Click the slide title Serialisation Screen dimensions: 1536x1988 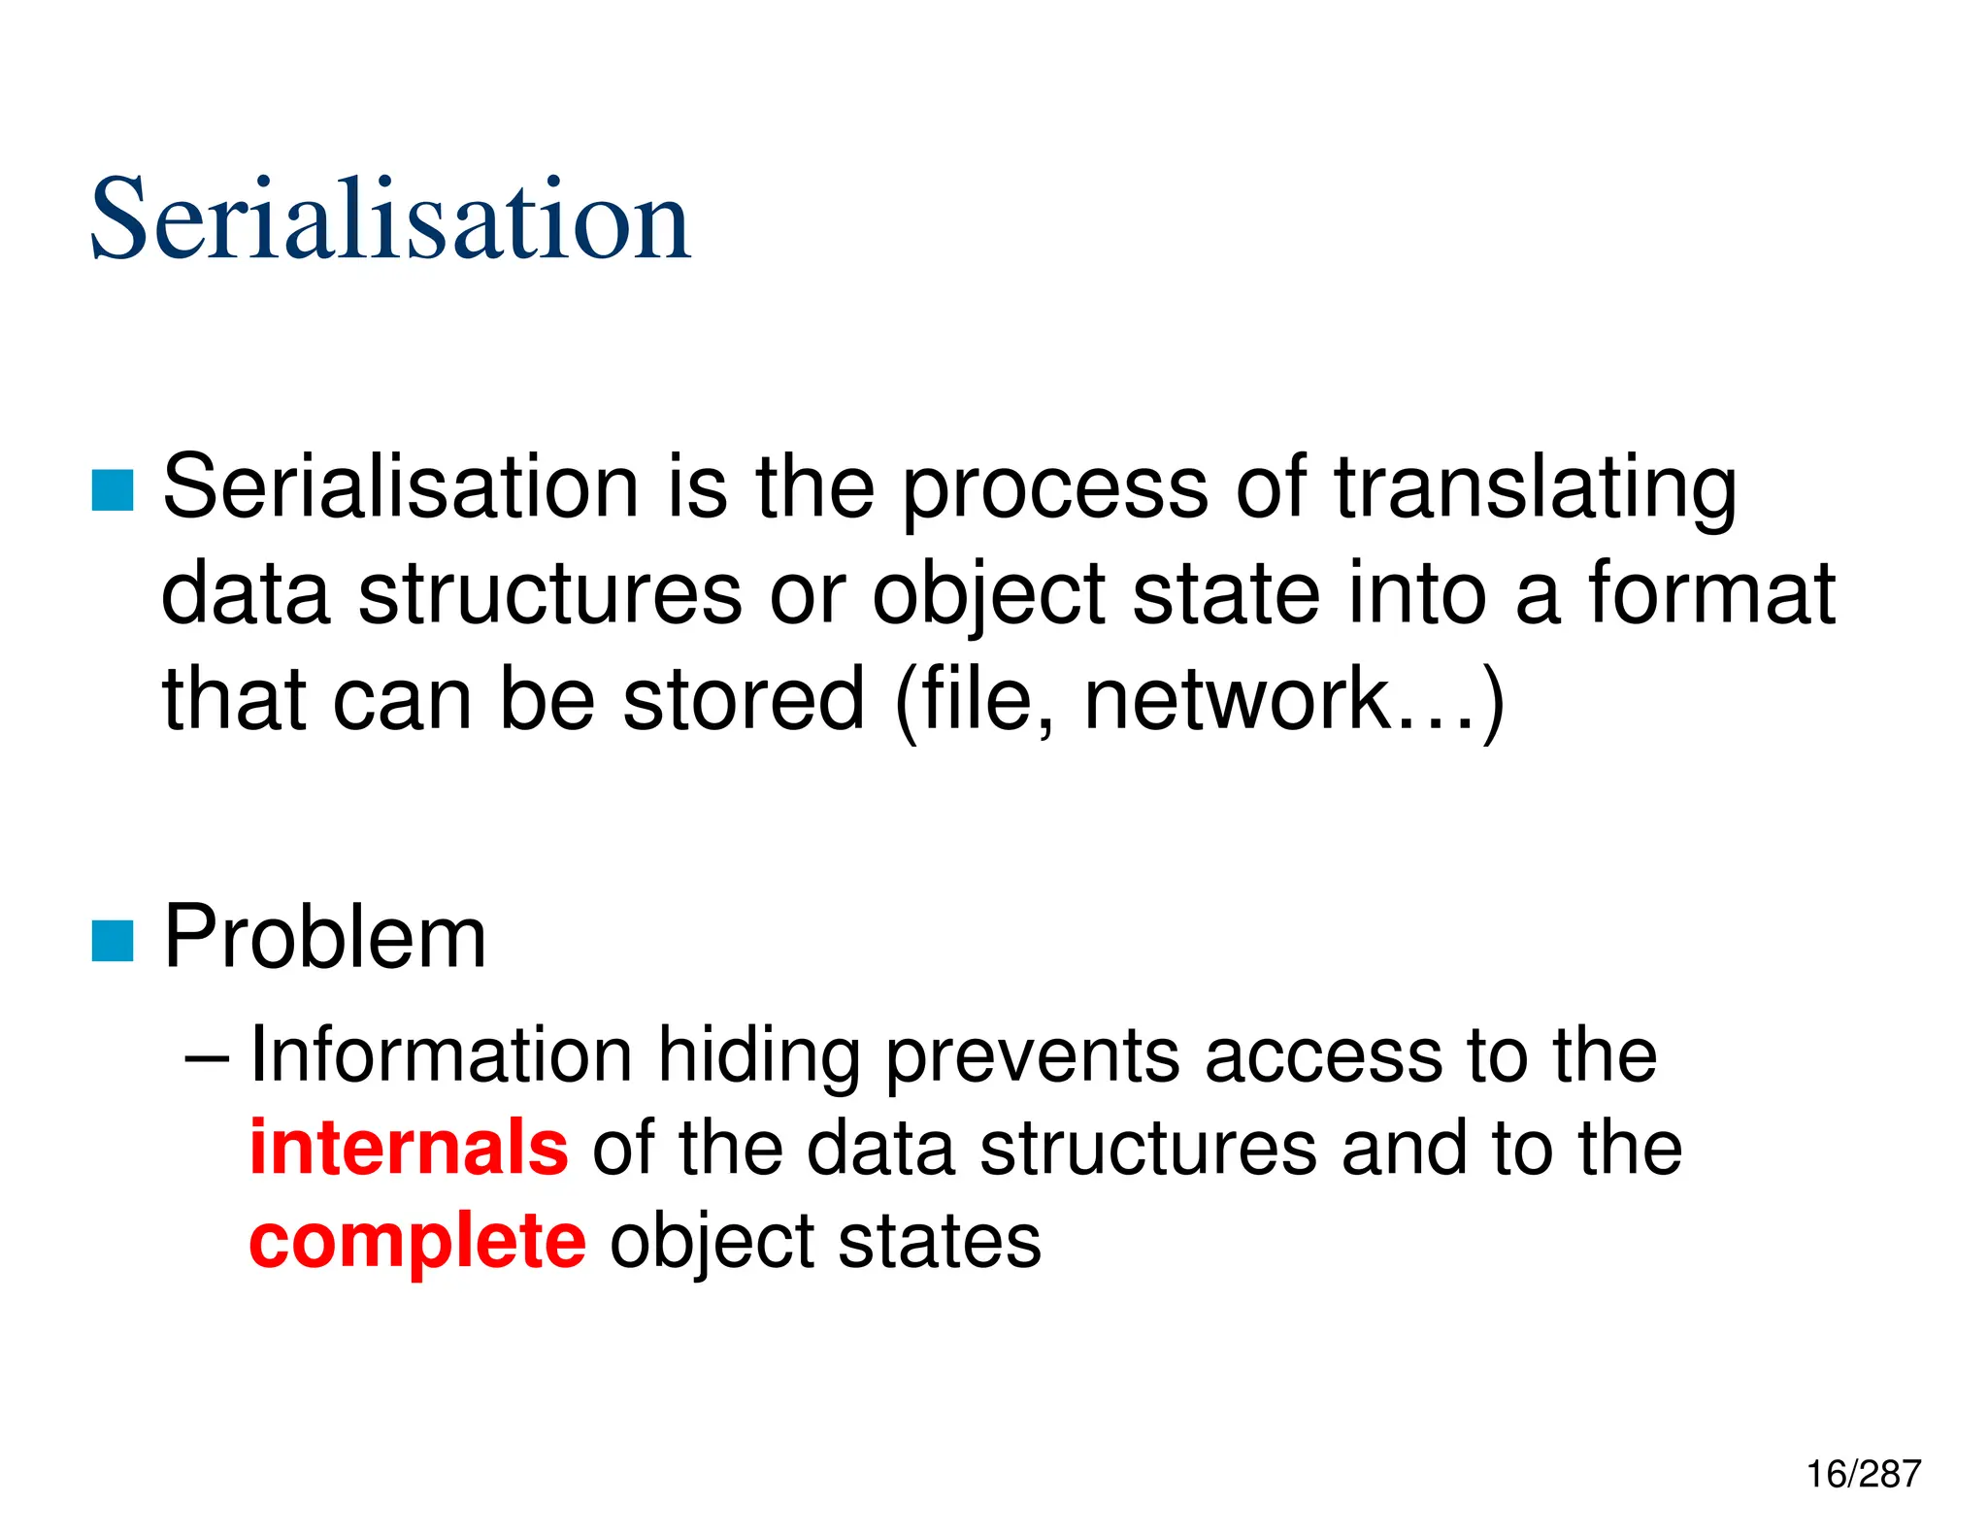(x=390, y=219)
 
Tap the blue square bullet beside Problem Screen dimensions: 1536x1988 (x=113, y=940)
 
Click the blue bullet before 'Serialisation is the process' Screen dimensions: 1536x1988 (x=113, y=489)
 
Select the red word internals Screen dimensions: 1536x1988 (x=409, y=1148)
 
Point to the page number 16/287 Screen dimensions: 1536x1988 (x=1863, y=1474)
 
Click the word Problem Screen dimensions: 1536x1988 (x=325, y=937)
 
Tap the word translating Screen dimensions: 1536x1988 (x=1535, y=489)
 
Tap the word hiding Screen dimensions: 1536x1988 (x=759, y=1056)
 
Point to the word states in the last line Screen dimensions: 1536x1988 (x=939, y=1243)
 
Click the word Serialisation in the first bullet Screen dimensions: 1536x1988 (x=401, y=487)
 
